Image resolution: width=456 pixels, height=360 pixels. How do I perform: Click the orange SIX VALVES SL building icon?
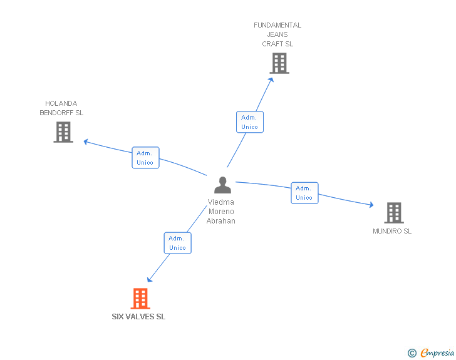click(x=140, y=299)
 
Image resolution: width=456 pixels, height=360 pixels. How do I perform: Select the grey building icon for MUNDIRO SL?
click(x=393, y=213)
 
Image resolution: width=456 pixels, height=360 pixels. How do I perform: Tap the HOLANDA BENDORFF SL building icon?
click(x=63, y=132)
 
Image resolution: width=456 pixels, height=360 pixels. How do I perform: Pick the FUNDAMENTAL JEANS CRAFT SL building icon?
click(x=279, y=63)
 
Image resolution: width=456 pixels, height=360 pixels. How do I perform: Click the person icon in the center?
click(x=222, y=185)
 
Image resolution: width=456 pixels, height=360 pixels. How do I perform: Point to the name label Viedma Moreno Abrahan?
click(x=221, y=212)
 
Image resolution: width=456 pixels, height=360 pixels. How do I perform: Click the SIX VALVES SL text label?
click(x=138, y=317)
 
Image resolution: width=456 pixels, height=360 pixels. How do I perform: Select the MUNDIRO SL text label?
click(x=392, y=231)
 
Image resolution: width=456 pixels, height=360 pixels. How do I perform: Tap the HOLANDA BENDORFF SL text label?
click(x=61, y=108)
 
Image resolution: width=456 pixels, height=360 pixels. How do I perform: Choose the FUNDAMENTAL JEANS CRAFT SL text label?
click(x=277, y=34)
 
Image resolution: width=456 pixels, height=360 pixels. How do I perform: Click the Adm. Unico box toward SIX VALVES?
click(x=177, y=243)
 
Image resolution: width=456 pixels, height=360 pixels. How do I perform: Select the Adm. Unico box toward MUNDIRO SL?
click(x=304, y=193)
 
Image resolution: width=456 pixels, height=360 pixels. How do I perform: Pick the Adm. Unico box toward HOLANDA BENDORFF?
click(x=145, y=158)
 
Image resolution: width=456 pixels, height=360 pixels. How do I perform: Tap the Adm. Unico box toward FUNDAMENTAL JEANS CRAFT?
click(x=249, y=122)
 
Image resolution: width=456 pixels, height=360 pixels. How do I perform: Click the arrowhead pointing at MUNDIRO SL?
click(x=371, y=205)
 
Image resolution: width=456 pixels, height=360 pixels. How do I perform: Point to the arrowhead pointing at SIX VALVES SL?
click(x=150, y=279)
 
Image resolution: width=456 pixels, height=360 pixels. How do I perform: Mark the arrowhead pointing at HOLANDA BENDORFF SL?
click(x=86, y=141)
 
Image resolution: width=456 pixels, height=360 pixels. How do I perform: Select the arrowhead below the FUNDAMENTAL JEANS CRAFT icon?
click(x=271, y=80)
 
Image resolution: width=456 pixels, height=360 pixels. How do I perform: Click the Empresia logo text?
click(x=437, y=353)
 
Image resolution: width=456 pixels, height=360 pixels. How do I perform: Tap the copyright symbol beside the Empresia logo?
click(x=412, y=353)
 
